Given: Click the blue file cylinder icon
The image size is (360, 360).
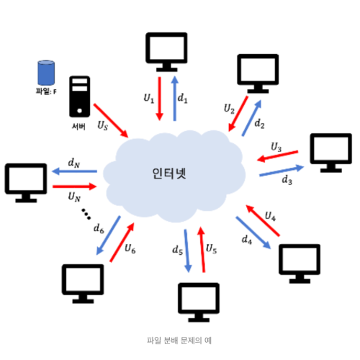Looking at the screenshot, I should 47,73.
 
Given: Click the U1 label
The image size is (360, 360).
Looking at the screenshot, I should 149,97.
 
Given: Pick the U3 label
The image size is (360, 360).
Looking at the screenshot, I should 276,147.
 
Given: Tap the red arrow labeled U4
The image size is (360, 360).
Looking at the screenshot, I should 261,219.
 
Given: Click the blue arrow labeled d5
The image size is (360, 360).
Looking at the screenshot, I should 186,250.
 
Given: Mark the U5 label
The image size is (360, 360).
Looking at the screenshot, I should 211,249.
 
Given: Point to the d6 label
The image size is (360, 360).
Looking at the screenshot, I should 99,228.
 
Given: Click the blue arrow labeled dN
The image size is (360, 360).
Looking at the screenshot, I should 74,172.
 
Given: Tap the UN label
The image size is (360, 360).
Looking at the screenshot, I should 74,195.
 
